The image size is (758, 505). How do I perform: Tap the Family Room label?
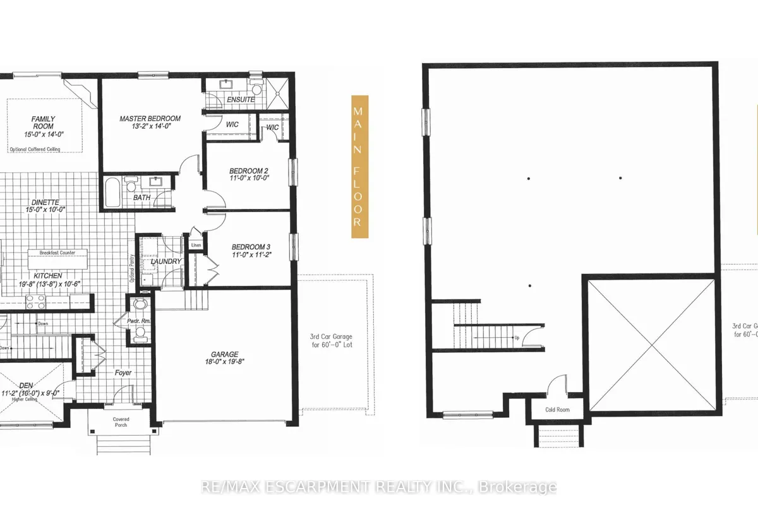44,122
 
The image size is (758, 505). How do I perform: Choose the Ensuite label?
241,100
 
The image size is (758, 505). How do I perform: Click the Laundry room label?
166,261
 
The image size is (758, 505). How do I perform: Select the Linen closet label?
196,245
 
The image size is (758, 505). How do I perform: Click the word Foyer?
123,373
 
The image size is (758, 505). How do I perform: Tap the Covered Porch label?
121,422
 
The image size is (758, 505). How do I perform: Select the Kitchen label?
48,276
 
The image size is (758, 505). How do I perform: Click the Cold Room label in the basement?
557,410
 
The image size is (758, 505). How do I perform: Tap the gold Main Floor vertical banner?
359,167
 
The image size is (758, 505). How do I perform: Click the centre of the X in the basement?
651,345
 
